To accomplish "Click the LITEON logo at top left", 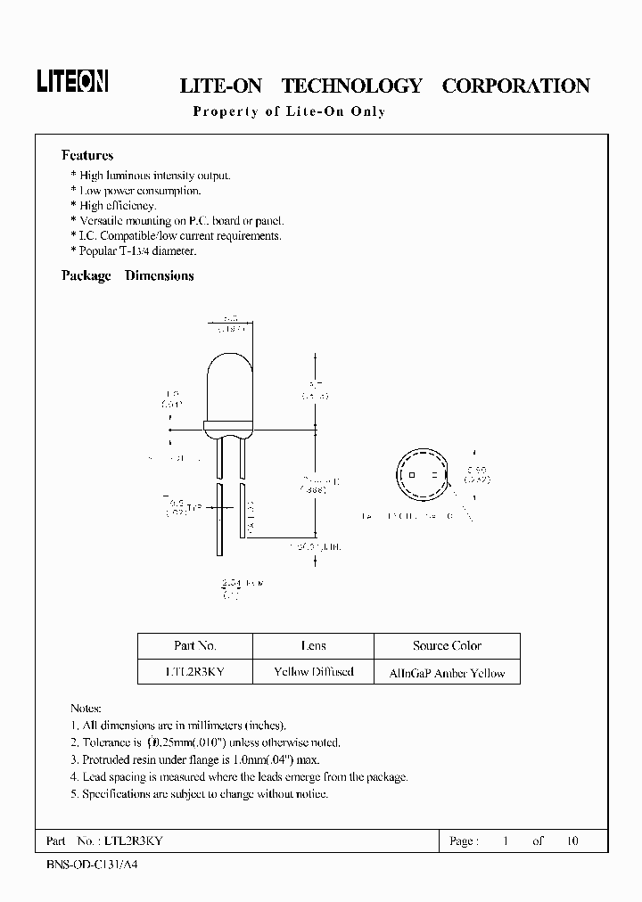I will pos(71,83).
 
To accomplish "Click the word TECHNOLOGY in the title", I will pos(351,86).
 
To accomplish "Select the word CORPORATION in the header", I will pos(515,86).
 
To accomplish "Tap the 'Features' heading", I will pos(87,155).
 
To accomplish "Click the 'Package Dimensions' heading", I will pos(128,276).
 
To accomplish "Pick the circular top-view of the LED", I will pos(421,479).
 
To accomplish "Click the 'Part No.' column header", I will pos(195,646).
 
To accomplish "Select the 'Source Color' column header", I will pos(447,646).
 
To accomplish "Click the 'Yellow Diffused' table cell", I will pos(314,672).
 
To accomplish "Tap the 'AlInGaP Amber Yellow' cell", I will pos(447,673).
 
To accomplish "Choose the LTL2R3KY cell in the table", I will pos(195,672).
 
